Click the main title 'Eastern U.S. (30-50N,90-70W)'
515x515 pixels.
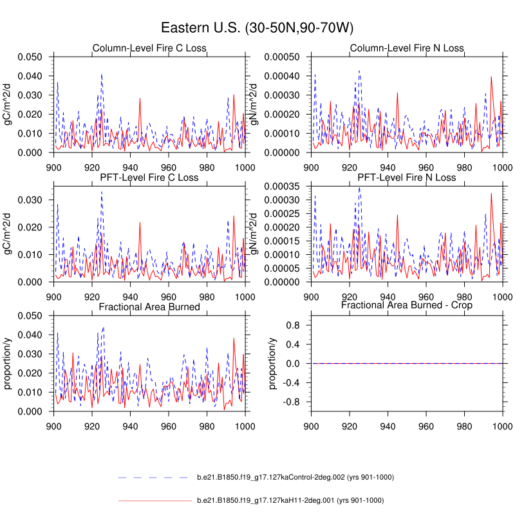point(257,28)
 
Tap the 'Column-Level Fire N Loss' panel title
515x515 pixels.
point(407,48)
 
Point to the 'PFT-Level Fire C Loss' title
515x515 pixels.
point(149,178)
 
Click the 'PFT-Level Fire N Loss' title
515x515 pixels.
point(407,178)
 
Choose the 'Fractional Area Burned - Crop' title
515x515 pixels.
point(407,305)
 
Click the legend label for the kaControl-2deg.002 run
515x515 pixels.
point(295,478)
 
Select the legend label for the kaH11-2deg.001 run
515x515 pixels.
point(290,500)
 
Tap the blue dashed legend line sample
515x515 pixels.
point(154,478)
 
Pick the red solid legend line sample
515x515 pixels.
point(154,500)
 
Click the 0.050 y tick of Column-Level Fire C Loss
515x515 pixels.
point(30,57)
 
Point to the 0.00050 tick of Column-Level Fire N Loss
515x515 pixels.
point(283,57)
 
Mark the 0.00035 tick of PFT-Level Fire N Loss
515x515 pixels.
point(283,186)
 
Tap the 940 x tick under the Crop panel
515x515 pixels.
point(388,426)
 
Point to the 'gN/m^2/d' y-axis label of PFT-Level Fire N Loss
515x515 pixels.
point(263,234)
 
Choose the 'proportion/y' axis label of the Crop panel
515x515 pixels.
point(273,363)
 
